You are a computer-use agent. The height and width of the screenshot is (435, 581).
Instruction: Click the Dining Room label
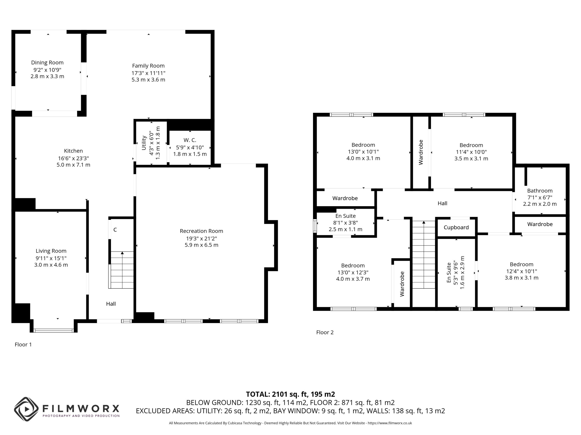pyautogui.click(x=47, y=62)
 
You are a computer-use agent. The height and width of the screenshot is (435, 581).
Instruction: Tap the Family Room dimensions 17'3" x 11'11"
pyautogui.click(x=148, y=73)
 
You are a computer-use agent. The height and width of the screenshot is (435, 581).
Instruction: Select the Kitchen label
pyautogui.click(x=73, y=151)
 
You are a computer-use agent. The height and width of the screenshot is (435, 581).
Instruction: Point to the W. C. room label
pyautogui.click(x=190, y=140)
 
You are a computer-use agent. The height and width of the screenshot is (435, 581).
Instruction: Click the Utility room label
pyautogui.click(x=144, y=143)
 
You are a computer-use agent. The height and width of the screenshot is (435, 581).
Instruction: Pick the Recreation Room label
pyautogui.click(x=202, y=231)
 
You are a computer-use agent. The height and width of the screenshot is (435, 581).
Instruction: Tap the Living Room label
pyautogui.click(x=51, y=251)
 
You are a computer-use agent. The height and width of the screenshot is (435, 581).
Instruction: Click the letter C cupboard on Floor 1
pyautogui.click(x=115, y=230)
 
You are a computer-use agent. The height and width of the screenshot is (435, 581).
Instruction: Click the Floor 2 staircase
pyautogui.click(x=424, y=255)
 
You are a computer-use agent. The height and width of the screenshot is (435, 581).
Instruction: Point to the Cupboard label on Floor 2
pyautogui.click(x=456, y=227)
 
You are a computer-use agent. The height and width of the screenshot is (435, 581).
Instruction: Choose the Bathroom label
pyautogui.click(x=540, y=191)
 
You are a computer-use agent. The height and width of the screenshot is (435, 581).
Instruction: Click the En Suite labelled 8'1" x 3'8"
pyautogui.click(x=345, y=216)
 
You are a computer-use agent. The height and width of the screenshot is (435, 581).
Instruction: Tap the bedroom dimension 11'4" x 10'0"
pyautogui.click(x=471, y=152)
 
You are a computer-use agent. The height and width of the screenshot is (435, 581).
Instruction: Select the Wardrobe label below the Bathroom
pyautogui.click(x=540, y=224)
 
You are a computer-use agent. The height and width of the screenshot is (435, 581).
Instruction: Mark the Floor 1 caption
pyautogui.click(x=23, y=344)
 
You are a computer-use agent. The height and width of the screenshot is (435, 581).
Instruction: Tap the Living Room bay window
pyautogui.click(x=54, y=331)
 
